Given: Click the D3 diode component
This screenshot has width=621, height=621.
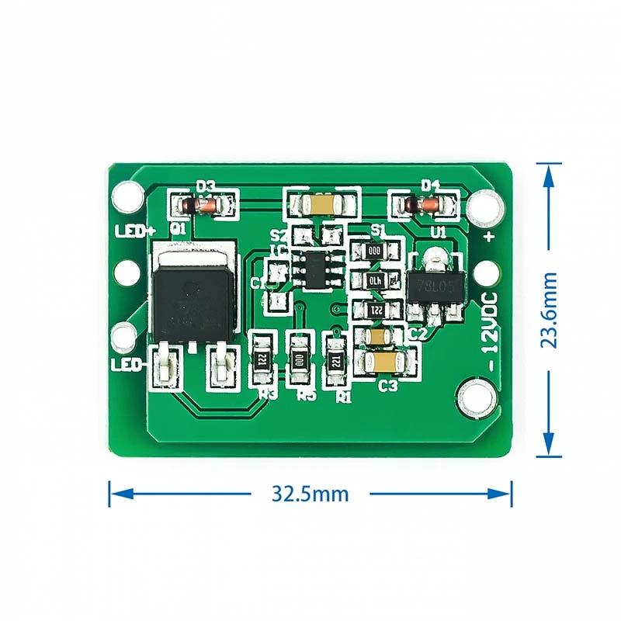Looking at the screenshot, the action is [x=205, y=206].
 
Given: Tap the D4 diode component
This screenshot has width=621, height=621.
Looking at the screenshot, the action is [x=428, y=205].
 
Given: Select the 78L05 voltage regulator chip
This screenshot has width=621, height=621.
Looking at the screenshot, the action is [x=435, y=286].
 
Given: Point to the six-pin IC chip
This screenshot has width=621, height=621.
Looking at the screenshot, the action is [x=315, y=267].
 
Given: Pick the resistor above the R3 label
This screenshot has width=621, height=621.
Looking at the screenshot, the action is [x=262, y=359].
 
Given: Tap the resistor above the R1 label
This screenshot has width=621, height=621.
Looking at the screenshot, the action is [x=336, y=359].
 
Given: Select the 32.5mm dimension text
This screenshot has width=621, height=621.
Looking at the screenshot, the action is [x=310, y=493].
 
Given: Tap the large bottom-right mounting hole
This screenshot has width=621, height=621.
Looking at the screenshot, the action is [x=476, y=397].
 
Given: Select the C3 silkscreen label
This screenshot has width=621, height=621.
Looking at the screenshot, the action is [x=388, y=385].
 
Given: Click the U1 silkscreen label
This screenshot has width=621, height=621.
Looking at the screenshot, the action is [x=439, y=232].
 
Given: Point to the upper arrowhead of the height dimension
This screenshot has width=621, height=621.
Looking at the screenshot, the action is [x=549, y=175].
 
